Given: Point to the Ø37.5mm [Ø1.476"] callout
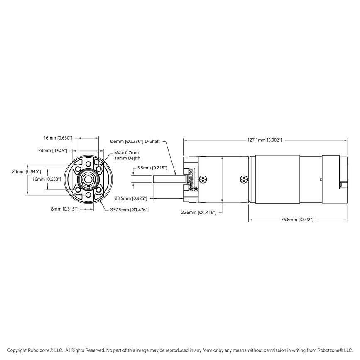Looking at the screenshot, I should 130,209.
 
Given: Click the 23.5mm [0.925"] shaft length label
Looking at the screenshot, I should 130,199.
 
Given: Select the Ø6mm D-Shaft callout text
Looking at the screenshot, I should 135,142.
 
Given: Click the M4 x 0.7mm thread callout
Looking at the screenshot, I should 127,153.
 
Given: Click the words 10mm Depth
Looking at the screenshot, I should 127,158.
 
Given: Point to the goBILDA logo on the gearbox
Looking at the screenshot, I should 191,179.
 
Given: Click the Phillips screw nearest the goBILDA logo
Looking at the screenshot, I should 203,179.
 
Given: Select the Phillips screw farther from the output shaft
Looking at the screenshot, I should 243,179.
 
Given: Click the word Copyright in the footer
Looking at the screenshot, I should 19,350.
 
